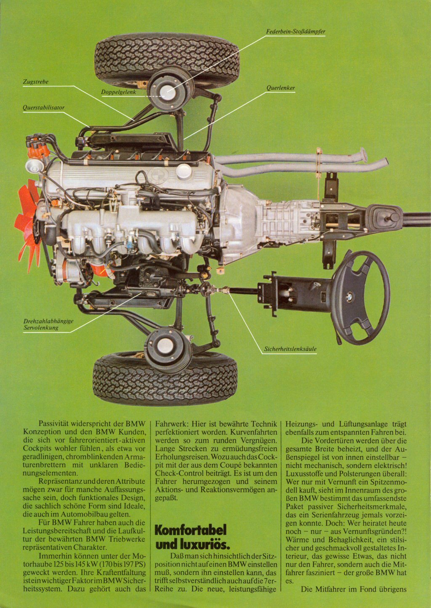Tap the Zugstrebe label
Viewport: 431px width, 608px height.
point(36,82)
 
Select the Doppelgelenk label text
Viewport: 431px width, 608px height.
point(118,92)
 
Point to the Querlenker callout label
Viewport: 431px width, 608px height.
point(281,88)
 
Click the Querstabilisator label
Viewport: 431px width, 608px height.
point(44,108)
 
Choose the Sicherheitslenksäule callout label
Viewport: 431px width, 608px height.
point(290,349)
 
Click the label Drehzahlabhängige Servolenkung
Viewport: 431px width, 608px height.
point(48,324)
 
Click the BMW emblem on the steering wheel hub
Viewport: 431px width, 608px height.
point(350,295)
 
